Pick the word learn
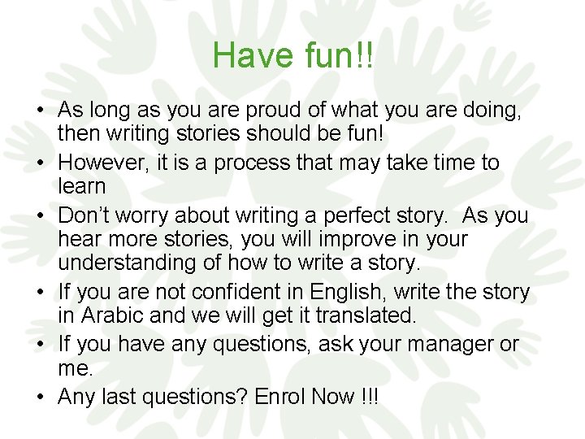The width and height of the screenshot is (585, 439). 82,186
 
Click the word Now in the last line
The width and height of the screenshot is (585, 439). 340,396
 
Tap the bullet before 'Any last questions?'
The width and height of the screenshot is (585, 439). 38,398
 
